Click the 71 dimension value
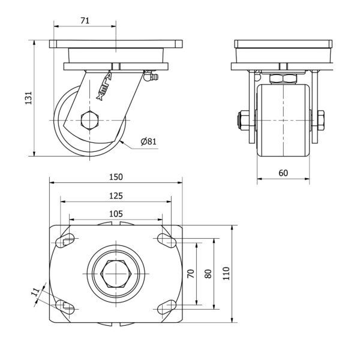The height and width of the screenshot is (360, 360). (x=85, y=20)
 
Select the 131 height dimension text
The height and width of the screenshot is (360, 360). (x=28, y=98)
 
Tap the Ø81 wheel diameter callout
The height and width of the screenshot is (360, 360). (x=149, y=142)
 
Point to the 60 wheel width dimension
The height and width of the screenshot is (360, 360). (x=283, y=173)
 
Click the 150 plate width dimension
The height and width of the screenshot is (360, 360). (x=116, y=177)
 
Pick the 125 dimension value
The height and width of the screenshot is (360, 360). (x=116, y=196)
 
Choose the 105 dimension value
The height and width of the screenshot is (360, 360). (x=116, y=214)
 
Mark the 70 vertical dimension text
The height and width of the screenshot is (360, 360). (x=191, y=274)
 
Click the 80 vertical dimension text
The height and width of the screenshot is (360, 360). (x=208, y=274)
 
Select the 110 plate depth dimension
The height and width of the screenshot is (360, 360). (x=226, y=274)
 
